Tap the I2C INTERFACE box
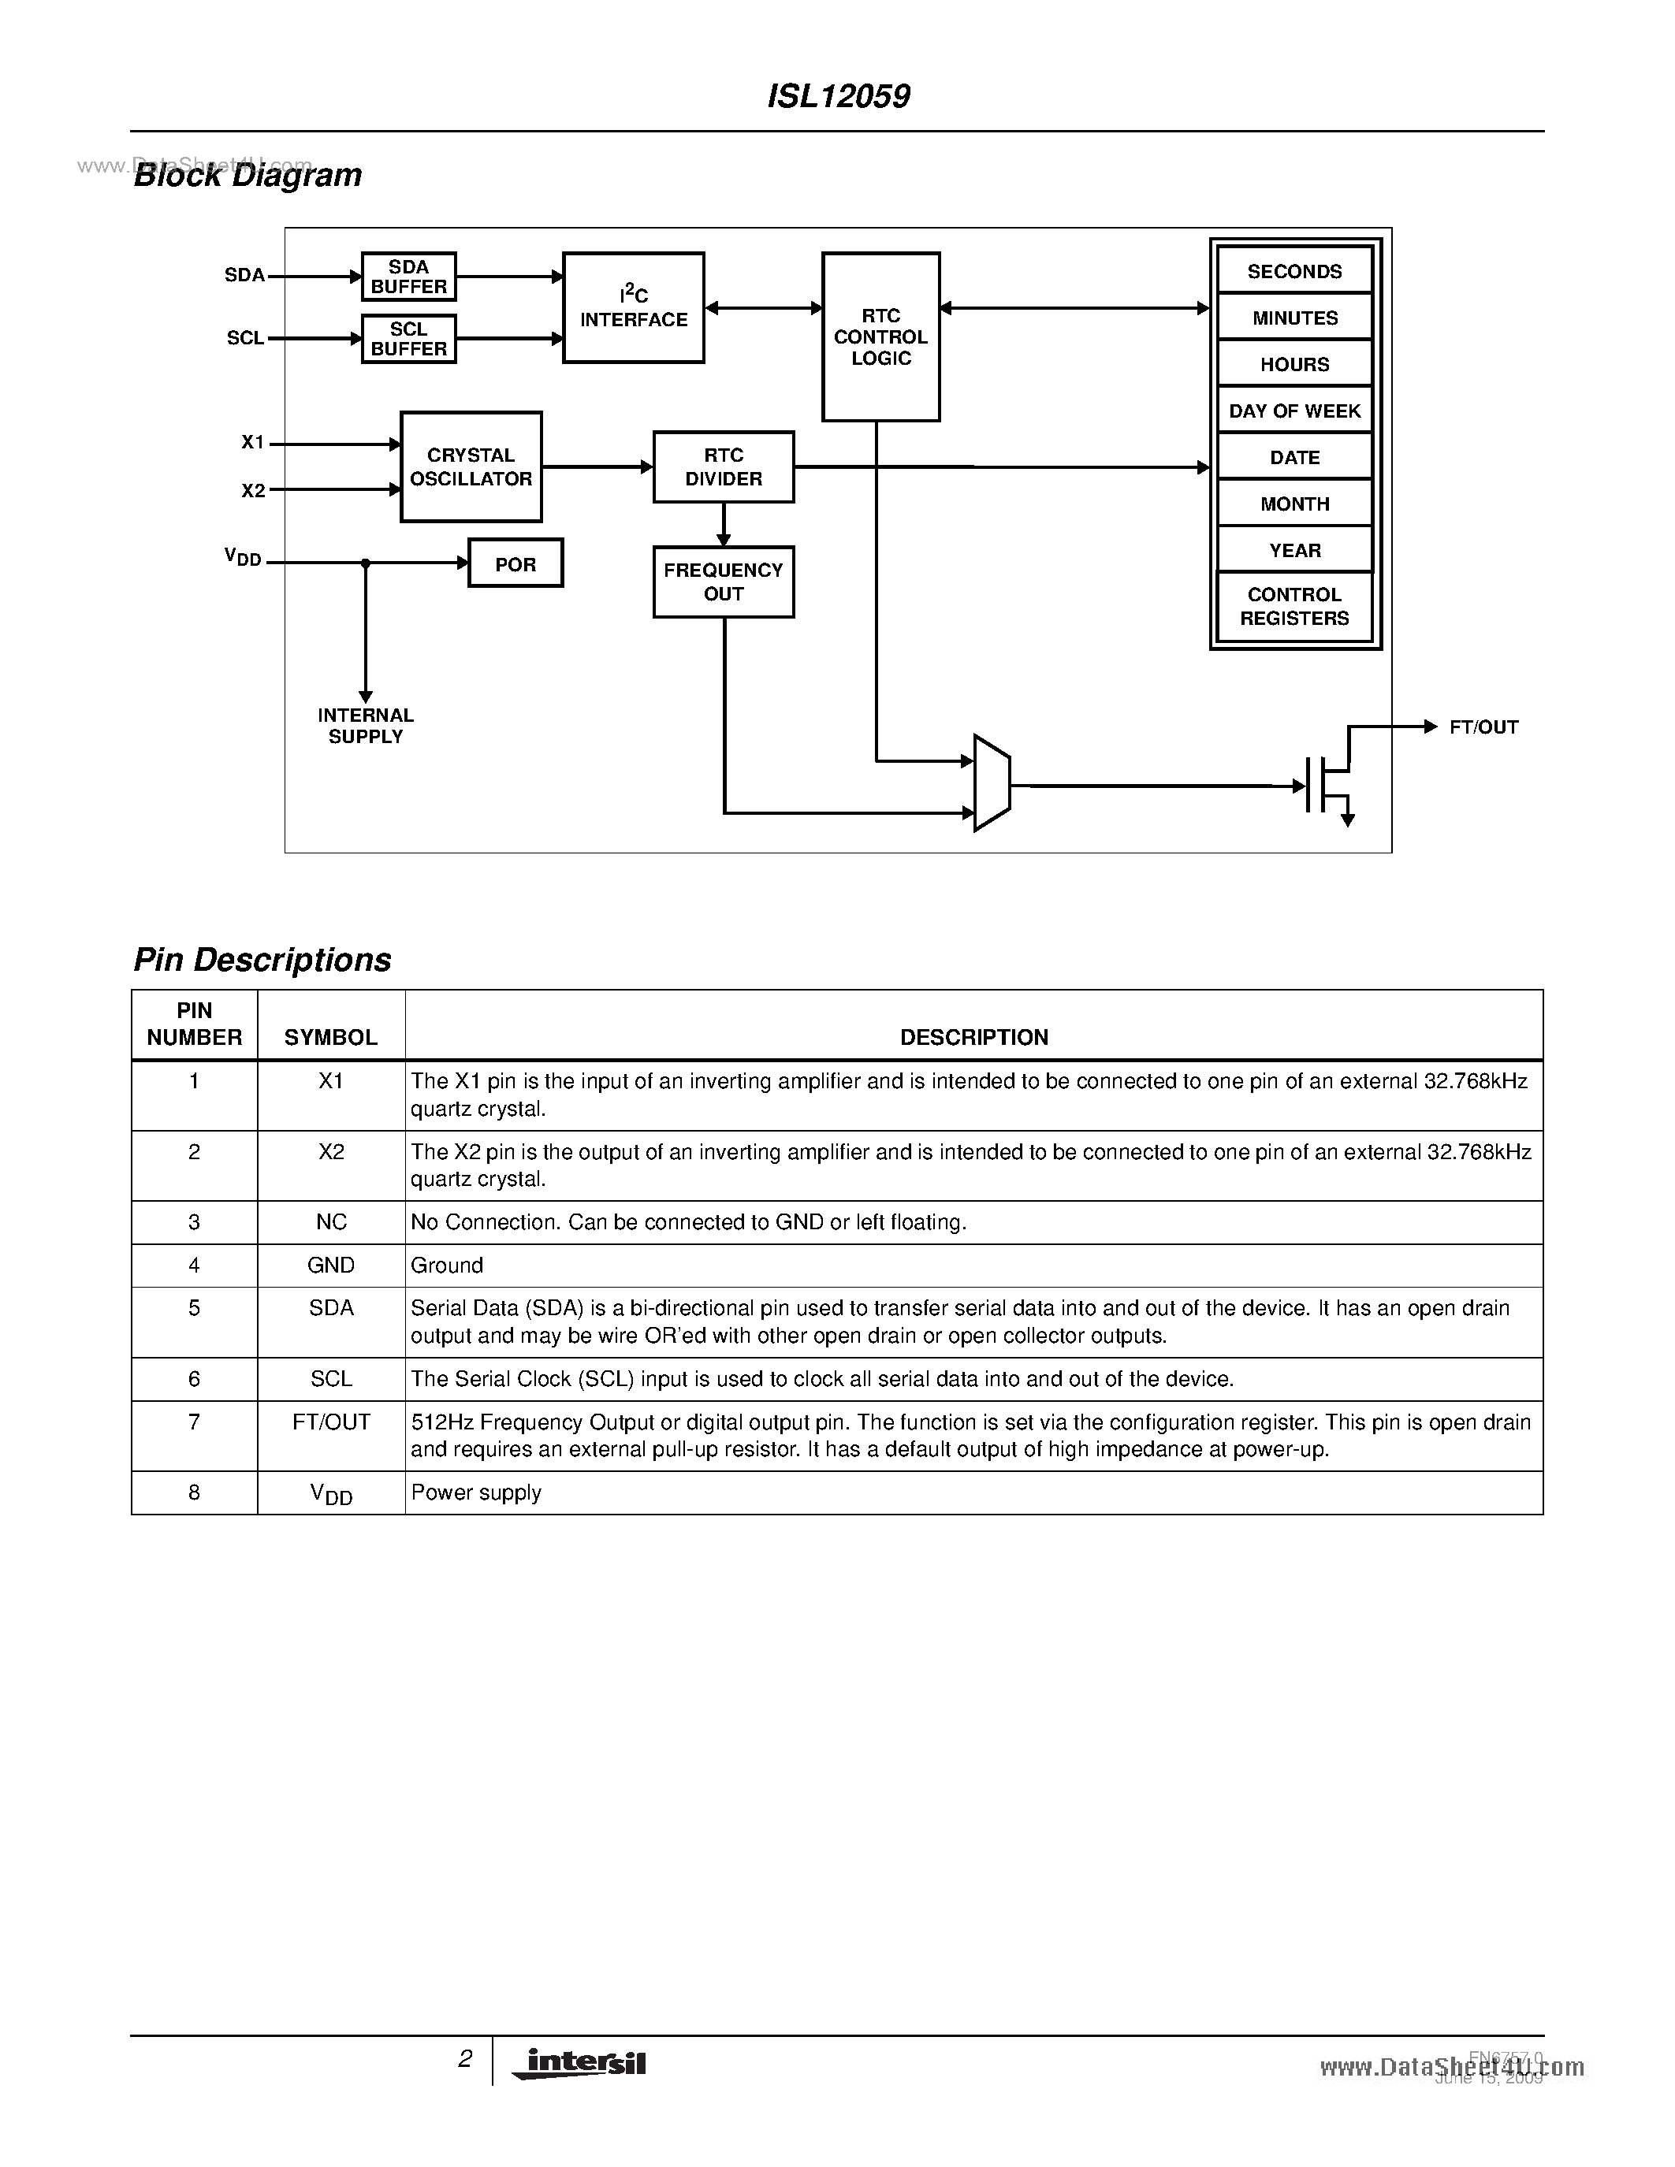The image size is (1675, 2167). (x=633, y=307)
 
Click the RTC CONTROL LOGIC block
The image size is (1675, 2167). (x=880, y=337)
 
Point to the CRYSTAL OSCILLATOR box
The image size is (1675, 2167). (x=471, y=466)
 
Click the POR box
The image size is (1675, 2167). (x=515, y=563)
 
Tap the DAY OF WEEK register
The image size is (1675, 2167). (x=1294, y=411)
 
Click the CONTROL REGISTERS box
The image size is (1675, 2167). (x=1294, y=606)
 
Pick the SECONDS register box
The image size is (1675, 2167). (x=1294, y=271)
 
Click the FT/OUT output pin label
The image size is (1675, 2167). (x=1483, y=727)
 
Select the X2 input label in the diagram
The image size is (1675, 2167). (x=253, y=490)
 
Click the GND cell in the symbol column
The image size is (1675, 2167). (x=330, y=1265)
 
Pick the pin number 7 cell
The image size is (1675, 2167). (x=195, y=1422)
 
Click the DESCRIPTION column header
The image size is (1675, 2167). (x=973, y=1037)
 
